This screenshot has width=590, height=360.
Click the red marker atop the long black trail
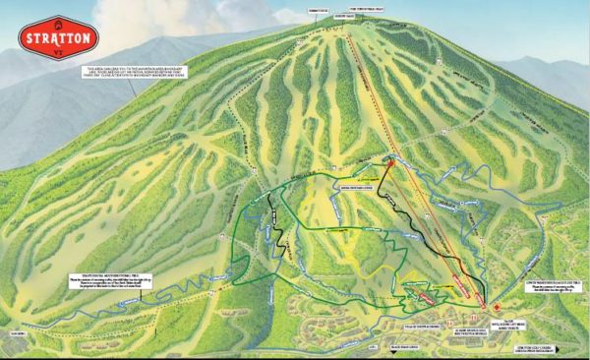coord(387,166)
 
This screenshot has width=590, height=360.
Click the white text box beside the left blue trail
coord(102,284)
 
